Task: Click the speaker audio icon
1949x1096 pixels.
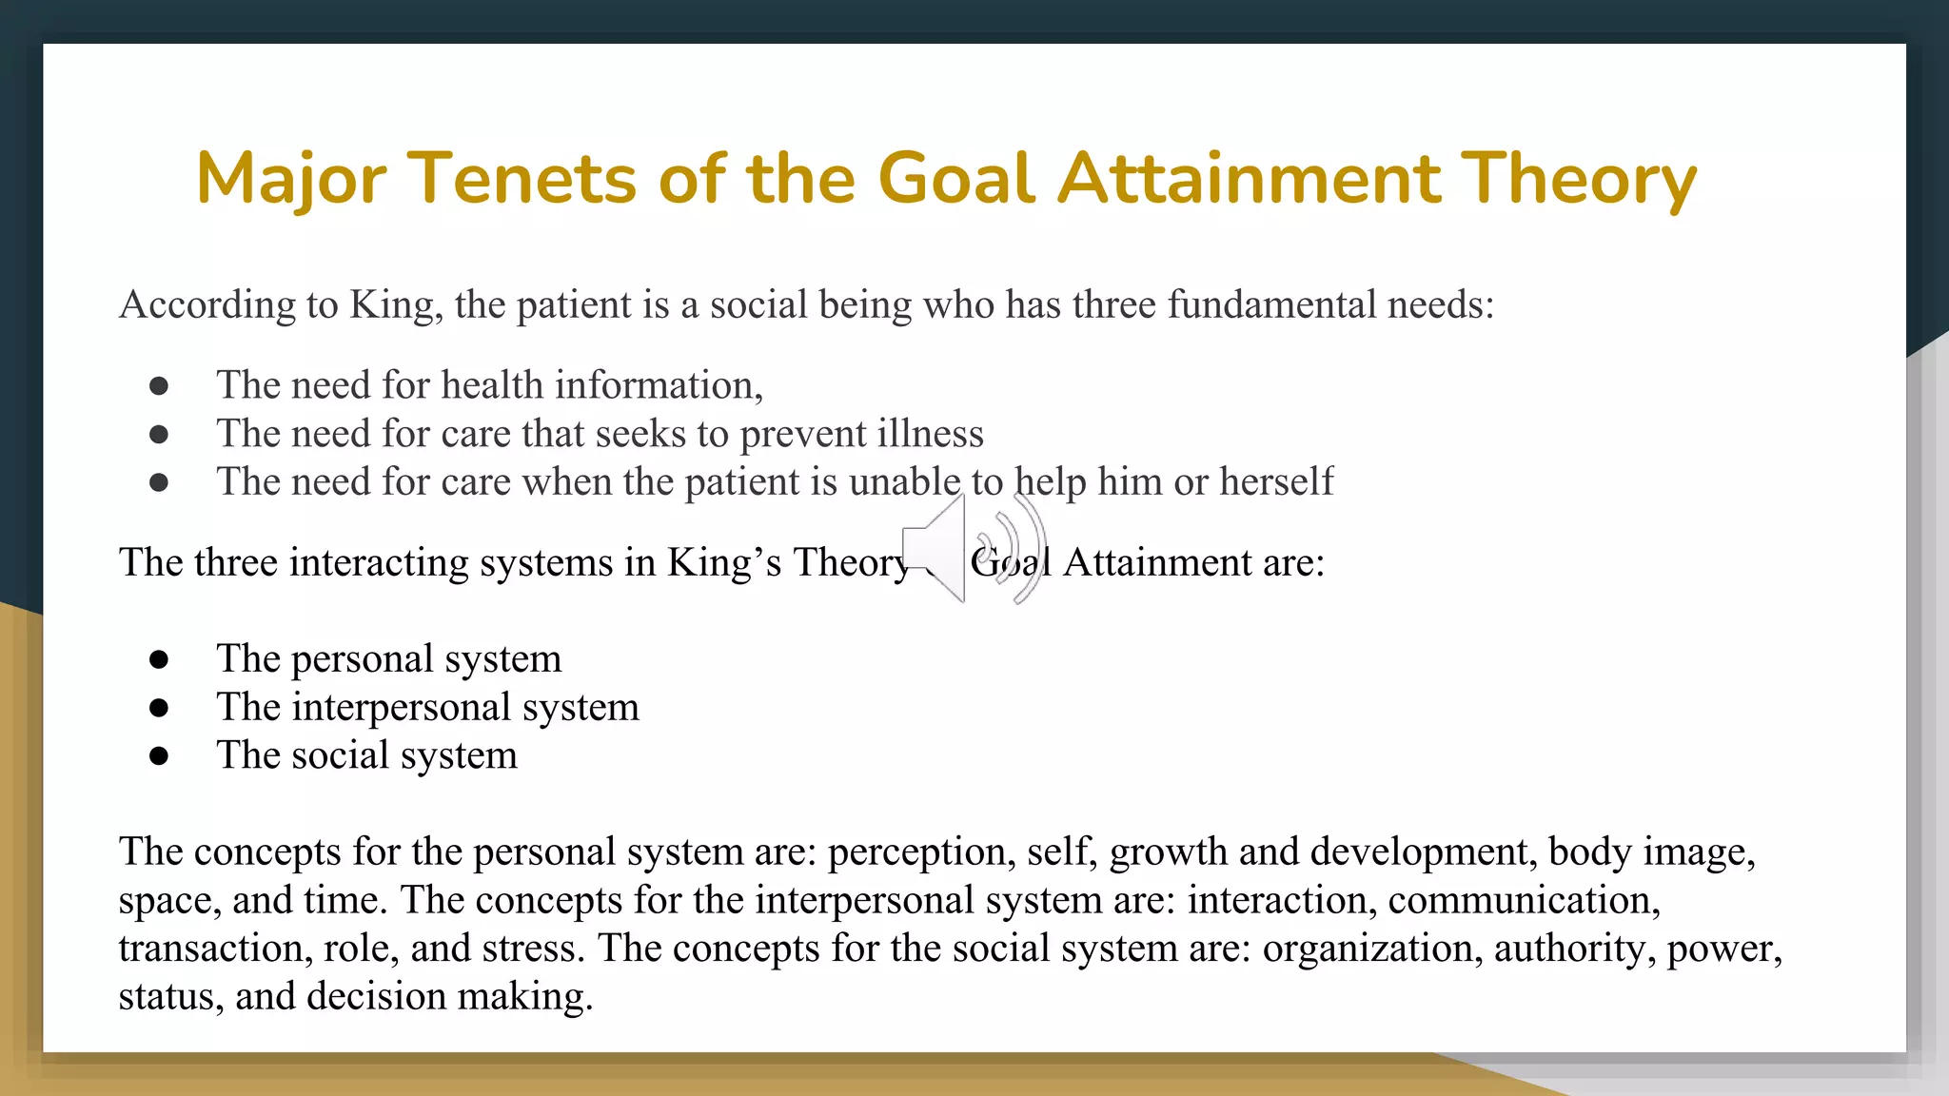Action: tap(973, 549)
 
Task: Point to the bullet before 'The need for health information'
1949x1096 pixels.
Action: tap(159, 385)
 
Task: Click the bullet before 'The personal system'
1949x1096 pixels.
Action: tap(159, 658)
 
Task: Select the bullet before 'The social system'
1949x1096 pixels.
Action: tap(159, 755)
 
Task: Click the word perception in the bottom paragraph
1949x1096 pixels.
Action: tap(916, 851)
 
